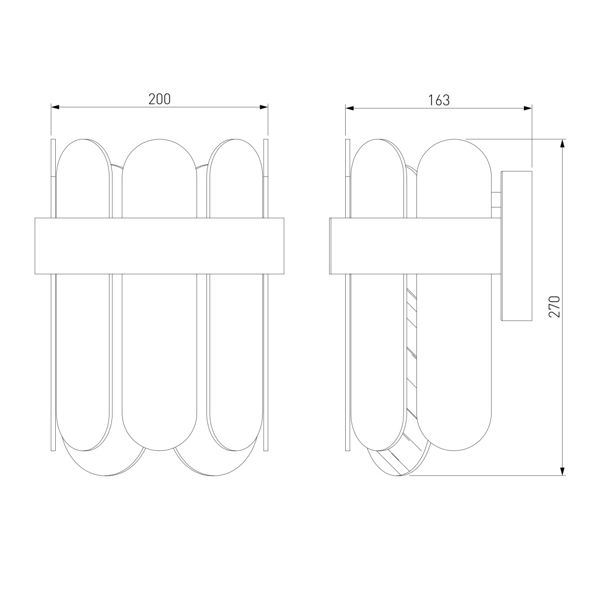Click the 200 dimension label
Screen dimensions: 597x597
point(159,99)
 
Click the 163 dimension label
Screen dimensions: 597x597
point(439,100)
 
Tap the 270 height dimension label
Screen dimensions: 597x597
point(555,307)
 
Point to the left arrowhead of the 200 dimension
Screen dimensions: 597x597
point(55,107)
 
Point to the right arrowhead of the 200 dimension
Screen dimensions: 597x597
point(264,107)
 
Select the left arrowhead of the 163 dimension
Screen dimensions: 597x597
point(350,108)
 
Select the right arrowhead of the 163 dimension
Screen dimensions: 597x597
point(528,108)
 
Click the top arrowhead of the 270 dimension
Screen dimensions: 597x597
point(563,143)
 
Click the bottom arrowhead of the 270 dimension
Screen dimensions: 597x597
point(563,471)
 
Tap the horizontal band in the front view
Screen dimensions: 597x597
point(159,246)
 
